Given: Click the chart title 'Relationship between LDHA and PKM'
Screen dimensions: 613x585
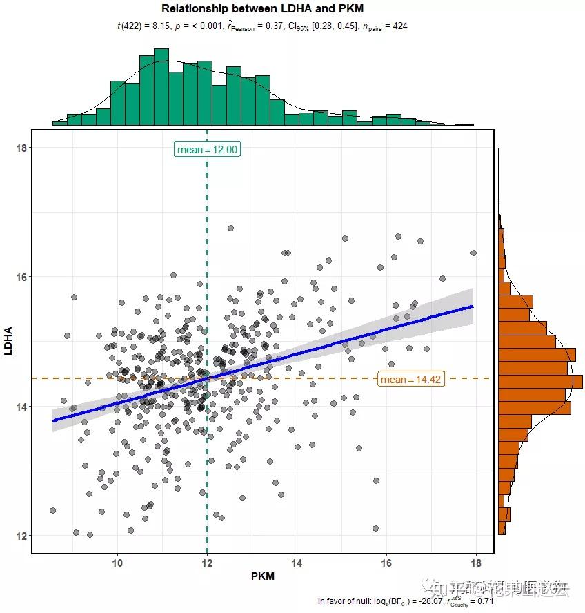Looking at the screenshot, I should [x=262, y=9].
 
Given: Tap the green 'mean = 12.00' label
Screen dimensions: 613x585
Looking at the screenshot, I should [x=207, y=150].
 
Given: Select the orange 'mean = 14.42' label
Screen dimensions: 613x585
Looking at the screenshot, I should [x=410, y=379].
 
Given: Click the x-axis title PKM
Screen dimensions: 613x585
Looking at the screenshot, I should [x=263, y=576].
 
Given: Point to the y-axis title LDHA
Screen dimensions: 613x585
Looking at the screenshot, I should [x=9, y=341].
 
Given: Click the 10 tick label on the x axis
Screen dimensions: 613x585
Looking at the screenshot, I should [x=117, y=563].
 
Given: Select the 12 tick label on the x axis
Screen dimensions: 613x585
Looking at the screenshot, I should [x=207, y=563].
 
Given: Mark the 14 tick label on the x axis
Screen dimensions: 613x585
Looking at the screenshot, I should [x=297, y=563].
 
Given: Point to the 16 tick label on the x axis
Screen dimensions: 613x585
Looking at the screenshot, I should [x=386, y=563].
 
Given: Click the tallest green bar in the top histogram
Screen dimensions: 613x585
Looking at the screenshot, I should [x=161, y=86].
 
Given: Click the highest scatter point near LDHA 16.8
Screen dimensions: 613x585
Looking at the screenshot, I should [x=230, y=228].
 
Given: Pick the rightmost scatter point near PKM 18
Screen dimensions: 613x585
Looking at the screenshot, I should [x=473, y=253].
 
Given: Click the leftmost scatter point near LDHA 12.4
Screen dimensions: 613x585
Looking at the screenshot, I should [x=52, y=510].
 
